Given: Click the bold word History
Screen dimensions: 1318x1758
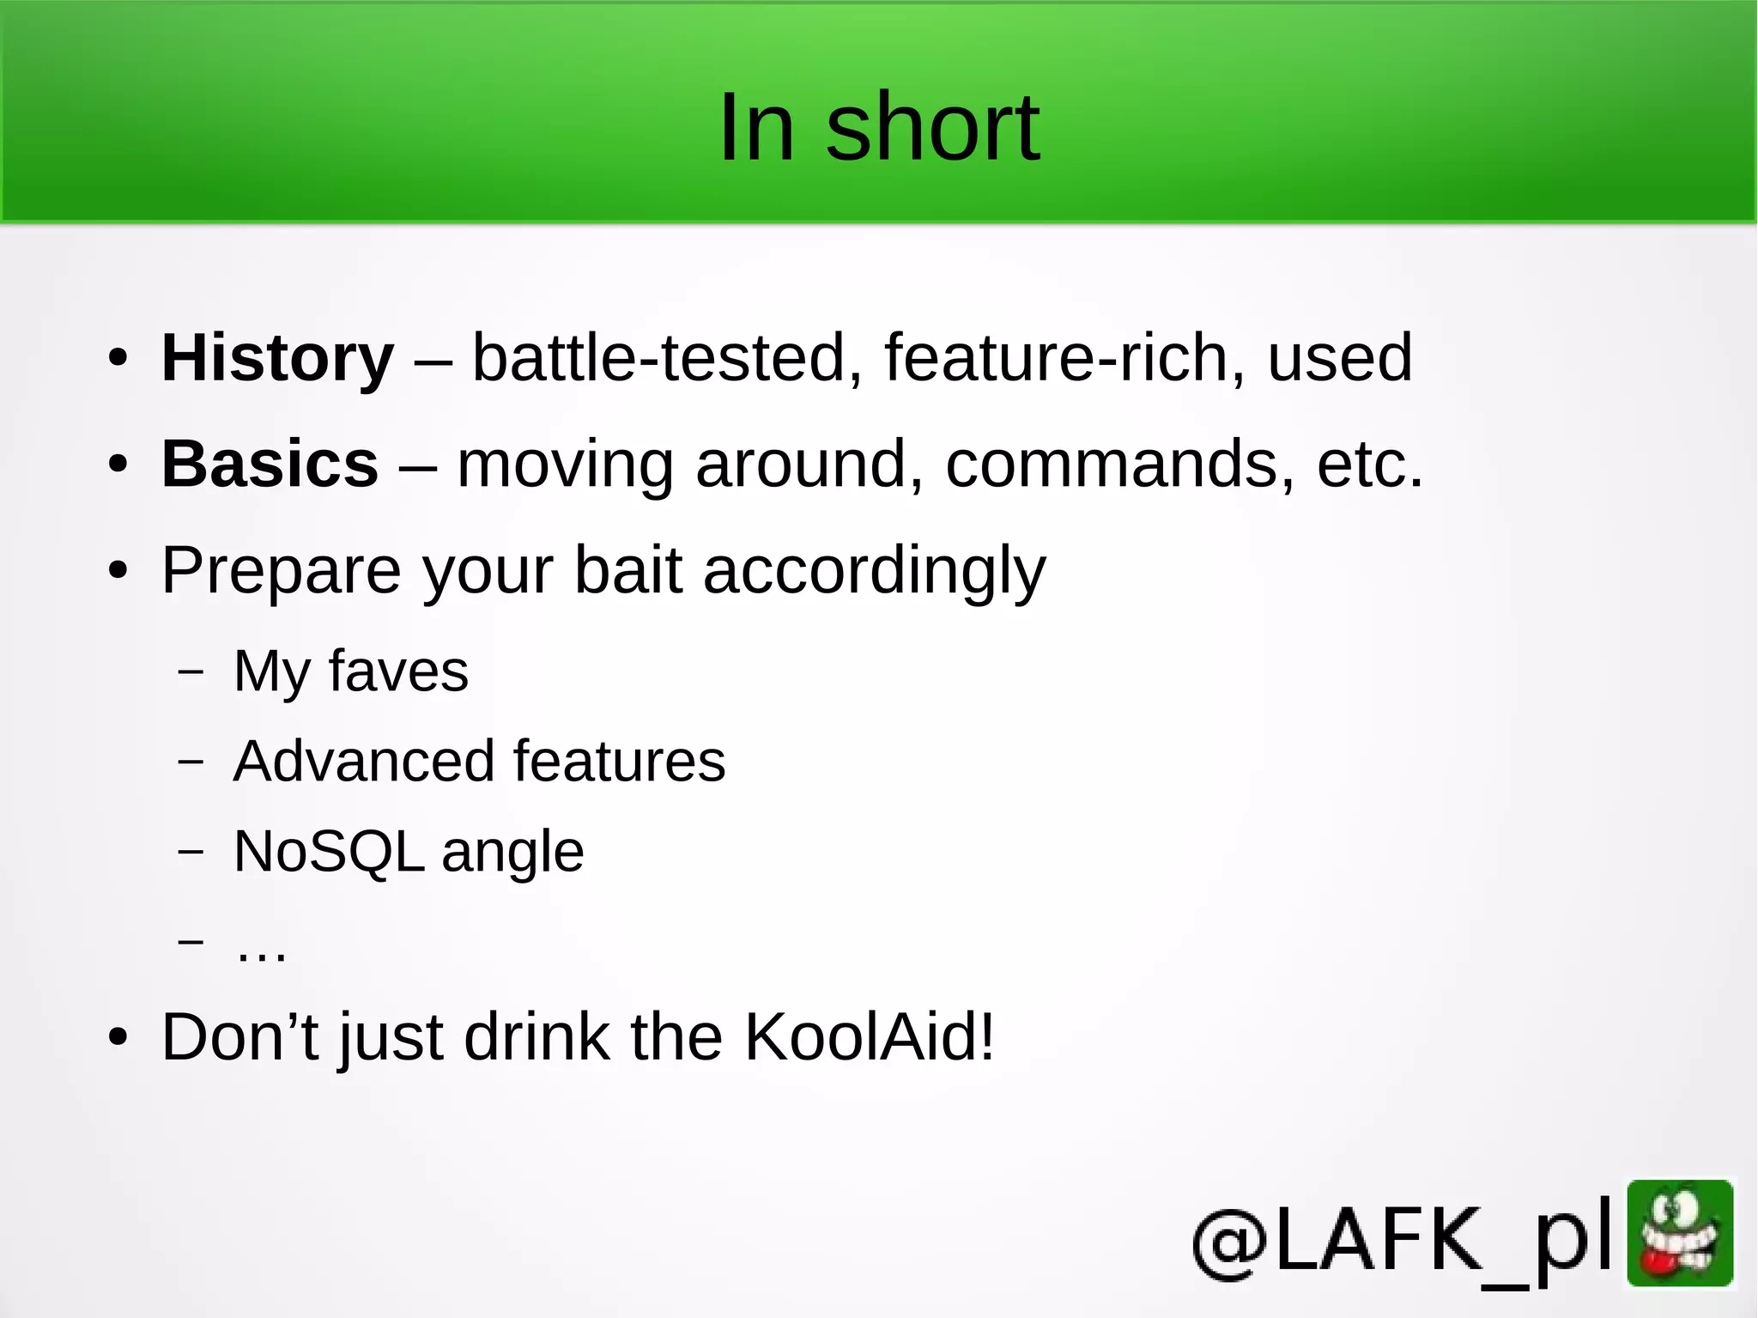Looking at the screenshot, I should (277, 357).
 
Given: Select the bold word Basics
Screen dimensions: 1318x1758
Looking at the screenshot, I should (270, 464).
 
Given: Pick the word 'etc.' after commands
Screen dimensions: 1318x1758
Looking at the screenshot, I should (1369, 464).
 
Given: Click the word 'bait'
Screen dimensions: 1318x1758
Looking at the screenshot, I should (627, 570).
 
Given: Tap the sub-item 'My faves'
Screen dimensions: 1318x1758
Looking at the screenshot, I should (350, 671).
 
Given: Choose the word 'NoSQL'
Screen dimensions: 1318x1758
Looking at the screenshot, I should (329, 852).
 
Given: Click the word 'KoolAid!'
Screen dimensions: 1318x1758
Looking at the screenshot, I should (869, 1037).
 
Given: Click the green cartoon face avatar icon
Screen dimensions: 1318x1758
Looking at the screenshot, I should (1680, 1233).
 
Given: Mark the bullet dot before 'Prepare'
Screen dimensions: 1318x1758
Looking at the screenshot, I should (118, 570).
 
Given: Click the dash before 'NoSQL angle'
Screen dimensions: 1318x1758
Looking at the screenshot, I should (191, 851).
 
